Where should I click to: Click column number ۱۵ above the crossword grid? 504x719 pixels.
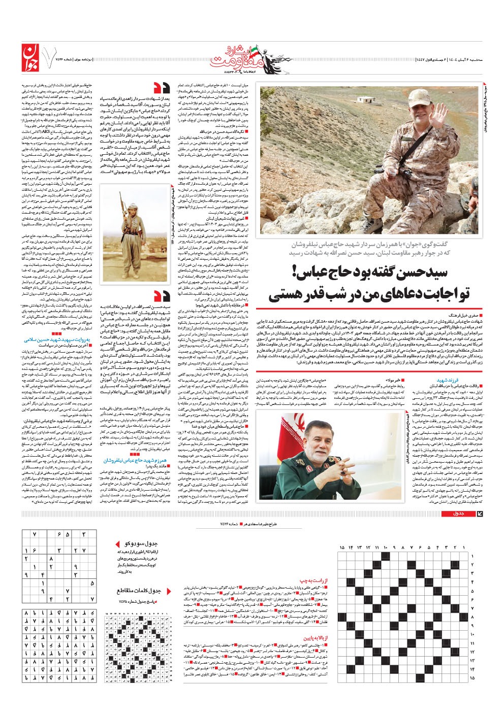(x=342, y=547)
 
